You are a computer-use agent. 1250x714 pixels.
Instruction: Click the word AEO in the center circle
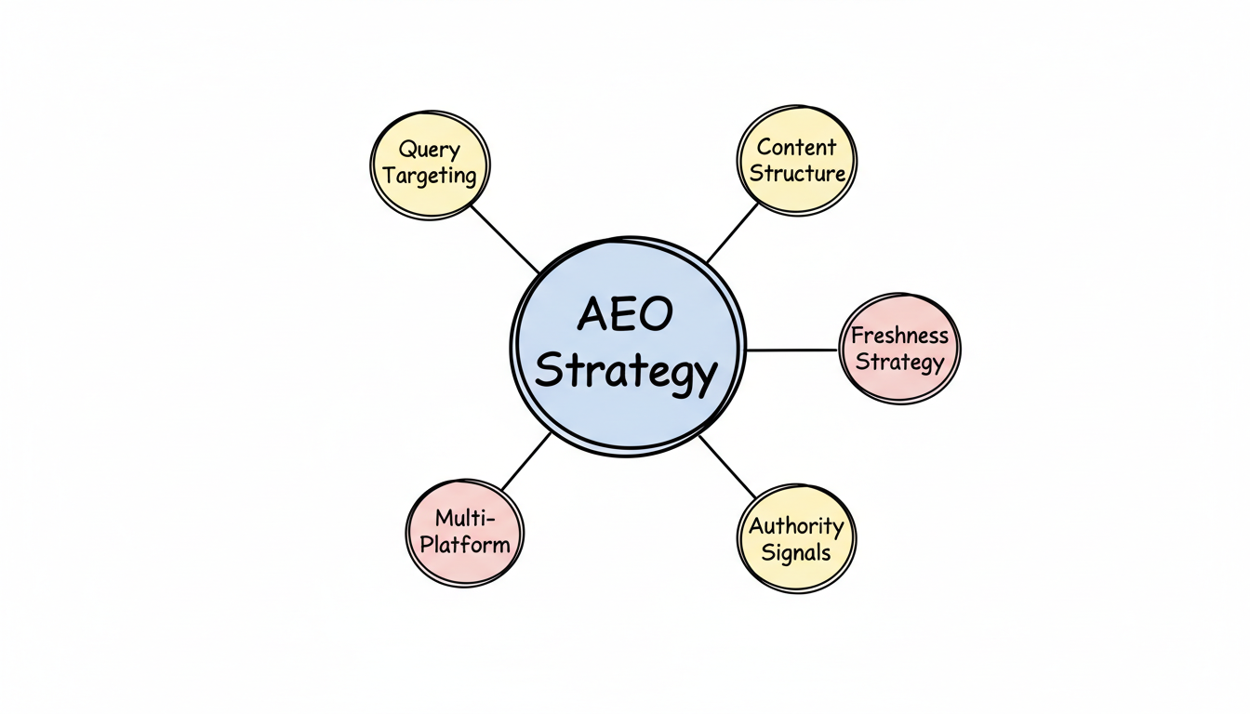coord(624,315)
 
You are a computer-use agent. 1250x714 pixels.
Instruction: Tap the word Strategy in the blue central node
coord(627,372)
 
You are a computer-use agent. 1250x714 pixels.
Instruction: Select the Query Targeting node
coord(430,165)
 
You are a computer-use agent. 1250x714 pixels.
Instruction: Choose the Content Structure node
coord(797,160)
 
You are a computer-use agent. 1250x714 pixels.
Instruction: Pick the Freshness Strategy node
coord(899,349)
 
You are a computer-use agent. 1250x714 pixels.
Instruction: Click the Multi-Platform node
coord(464,532)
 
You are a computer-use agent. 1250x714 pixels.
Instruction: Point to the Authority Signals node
coord(796,539)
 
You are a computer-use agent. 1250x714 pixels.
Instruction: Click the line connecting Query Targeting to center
coord(505,239)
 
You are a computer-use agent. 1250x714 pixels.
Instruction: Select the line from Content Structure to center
coord(733,231)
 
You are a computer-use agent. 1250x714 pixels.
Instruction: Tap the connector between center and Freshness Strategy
coord(792,350)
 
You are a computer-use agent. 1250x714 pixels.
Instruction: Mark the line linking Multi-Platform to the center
coord(526,461)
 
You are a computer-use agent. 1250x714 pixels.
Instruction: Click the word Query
coord(430,149)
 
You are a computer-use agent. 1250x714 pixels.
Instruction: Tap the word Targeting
coord(430,176)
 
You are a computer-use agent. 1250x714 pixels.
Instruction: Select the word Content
coord(797,147)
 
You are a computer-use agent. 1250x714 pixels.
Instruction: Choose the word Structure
coord(797,173)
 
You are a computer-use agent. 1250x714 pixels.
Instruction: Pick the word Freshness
coord(899,336)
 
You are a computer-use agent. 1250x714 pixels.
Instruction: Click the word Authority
coord(796,526)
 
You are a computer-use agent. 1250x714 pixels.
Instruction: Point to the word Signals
coord(796,552)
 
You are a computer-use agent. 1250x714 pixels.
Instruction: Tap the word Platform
coord(464,544)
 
